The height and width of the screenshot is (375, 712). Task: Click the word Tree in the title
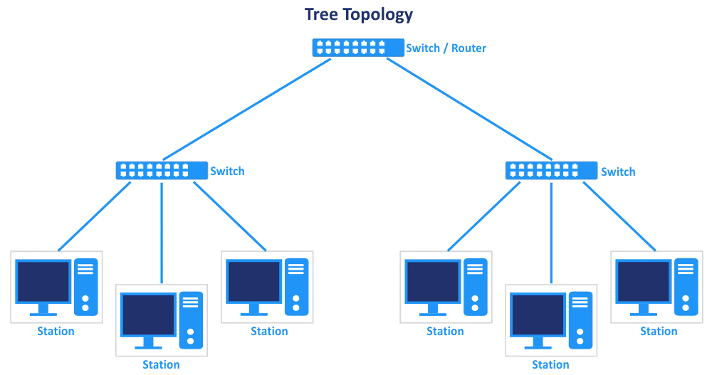(321, 14)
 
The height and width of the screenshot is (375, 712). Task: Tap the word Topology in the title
(378, 15)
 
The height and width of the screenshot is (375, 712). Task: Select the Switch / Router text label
(446, 48)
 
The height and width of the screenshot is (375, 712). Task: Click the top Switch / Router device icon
(358, 48)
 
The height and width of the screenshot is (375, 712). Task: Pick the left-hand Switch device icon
(162, 171)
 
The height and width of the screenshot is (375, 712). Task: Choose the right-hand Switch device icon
(551, 171)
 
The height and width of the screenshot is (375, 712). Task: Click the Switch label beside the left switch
(228, 171)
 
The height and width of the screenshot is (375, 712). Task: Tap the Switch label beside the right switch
(618, 171)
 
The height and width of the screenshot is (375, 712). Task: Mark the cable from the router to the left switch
(246, 110)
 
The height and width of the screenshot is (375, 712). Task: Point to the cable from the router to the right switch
(469, 110)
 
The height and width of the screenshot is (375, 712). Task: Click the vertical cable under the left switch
(162, 232)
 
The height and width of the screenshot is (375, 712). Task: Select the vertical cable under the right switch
(551, 232)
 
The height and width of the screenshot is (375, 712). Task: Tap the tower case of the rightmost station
(686, 287)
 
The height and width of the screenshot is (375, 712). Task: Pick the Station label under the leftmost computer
(56, 332)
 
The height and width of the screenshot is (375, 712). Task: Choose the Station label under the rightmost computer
(659, 332)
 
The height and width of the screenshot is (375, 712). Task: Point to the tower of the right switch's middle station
(581, 320)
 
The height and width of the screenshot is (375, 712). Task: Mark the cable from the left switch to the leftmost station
(95, 216)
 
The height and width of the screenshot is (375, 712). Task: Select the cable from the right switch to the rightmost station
(619, 216)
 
